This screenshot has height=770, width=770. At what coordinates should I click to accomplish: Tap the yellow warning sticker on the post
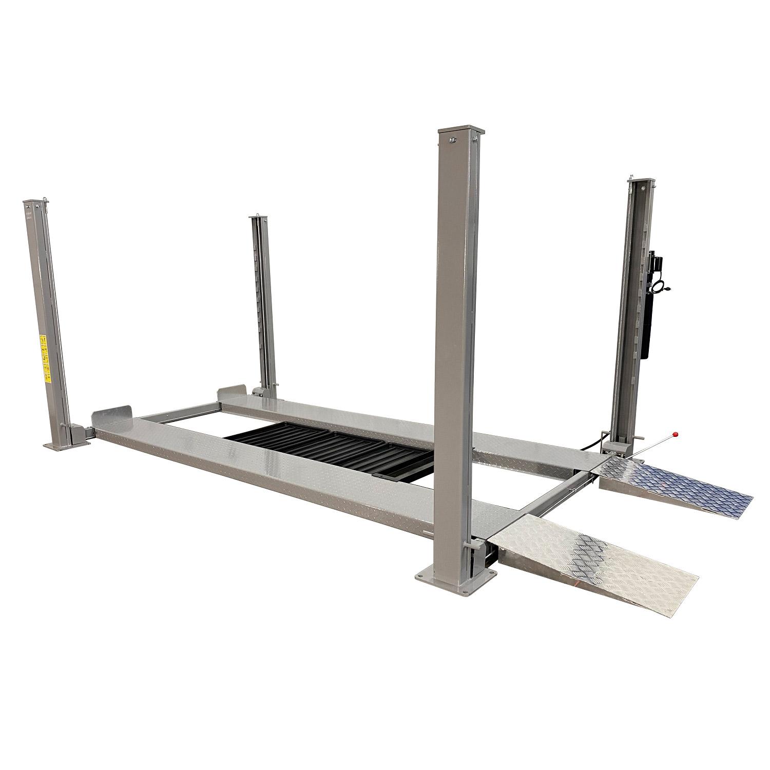click(45, 359)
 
